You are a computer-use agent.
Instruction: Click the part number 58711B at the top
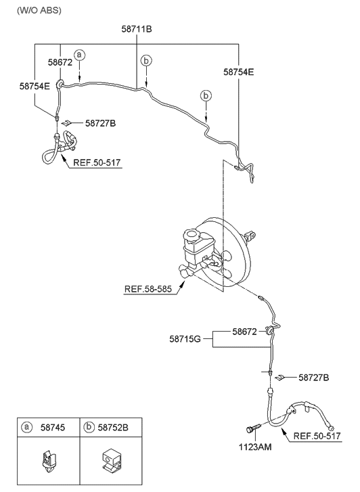click(x=137, y=29)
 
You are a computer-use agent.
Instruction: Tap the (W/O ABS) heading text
click(x=39, y=10)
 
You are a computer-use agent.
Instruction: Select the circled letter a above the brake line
click(x=80, y=55)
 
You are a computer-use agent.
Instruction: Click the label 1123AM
click(x=255, y=447)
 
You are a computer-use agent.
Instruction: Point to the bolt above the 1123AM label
click(x=253, y=428)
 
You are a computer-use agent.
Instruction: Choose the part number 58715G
click(x=185, y=339)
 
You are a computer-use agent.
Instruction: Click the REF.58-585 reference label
click(x=148, y=289)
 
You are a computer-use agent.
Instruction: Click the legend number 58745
click(x=53, y=427)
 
